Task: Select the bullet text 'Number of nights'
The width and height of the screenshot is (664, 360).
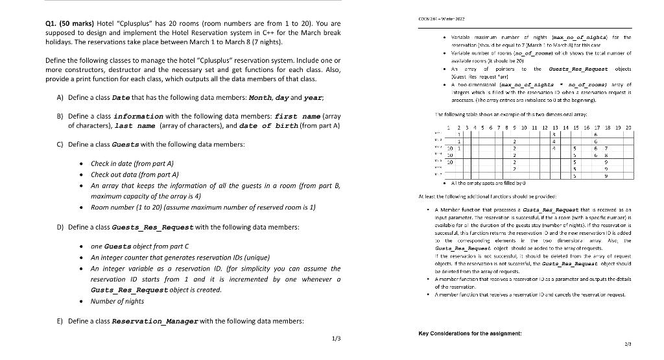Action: (x=118, y=302)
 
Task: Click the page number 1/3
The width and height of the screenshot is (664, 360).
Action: (x=335, y=338)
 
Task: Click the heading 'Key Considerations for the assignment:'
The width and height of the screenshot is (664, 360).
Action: (x=469, y=334)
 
